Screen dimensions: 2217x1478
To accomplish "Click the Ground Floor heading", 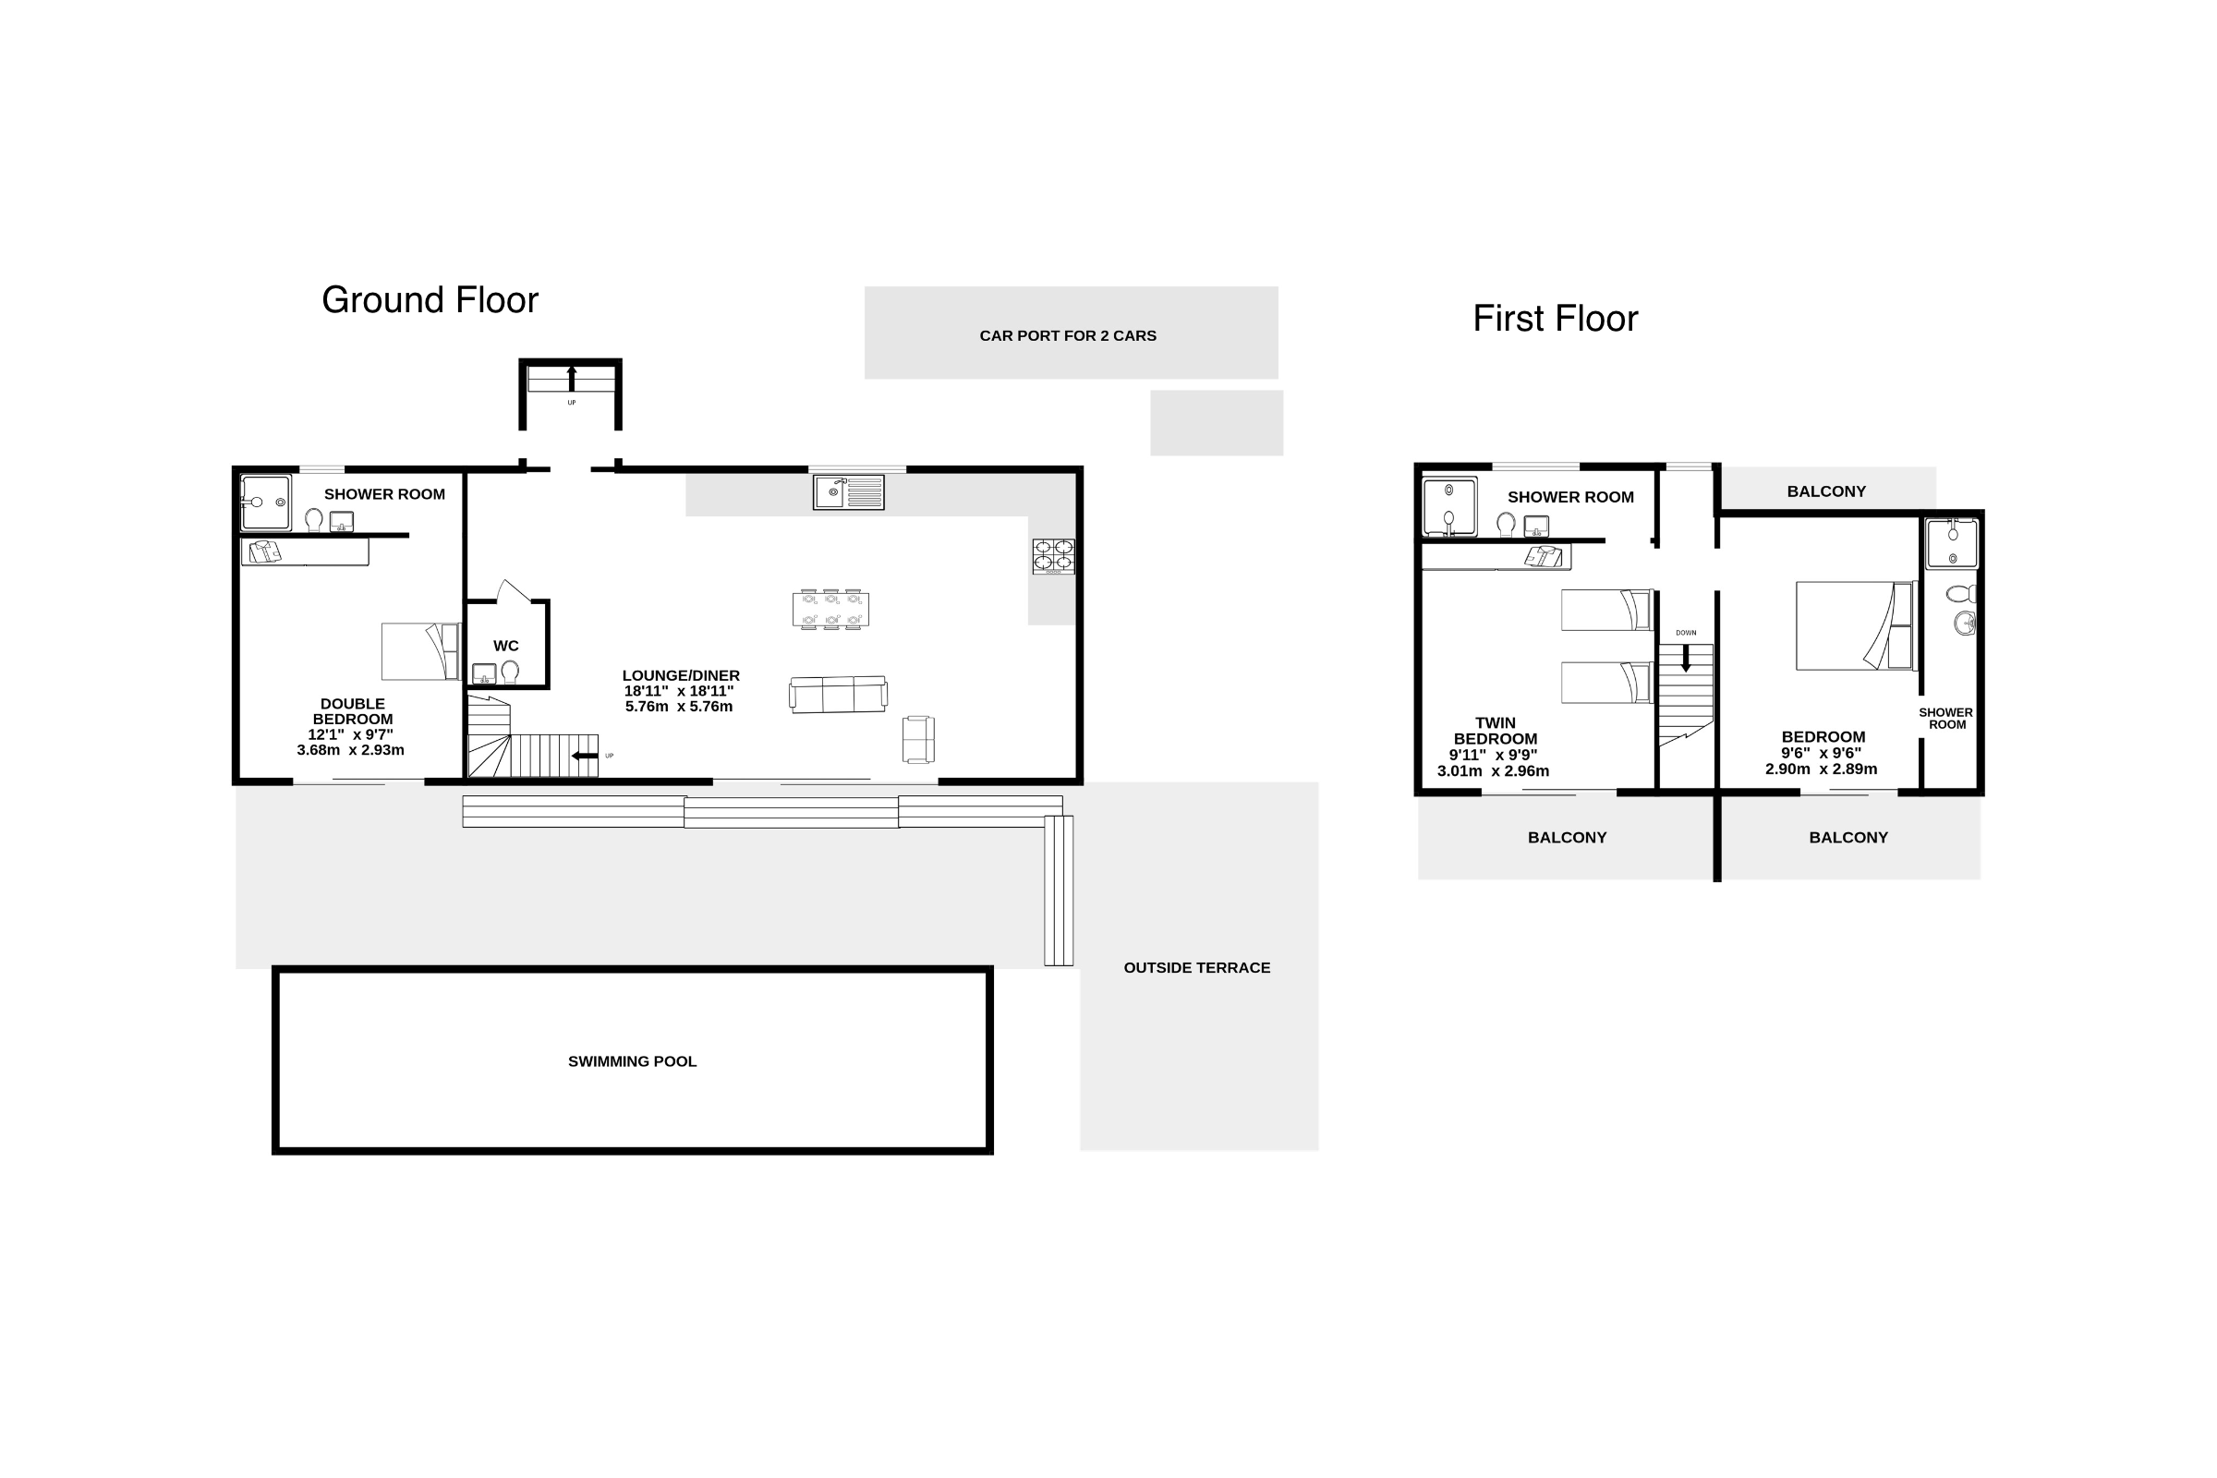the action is (430, 299).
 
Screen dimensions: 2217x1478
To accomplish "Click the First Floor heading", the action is (1556, 319).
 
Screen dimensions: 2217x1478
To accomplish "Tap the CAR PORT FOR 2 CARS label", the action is (1068, 335).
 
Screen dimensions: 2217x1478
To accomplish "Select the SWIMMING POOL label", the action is (633, 1061).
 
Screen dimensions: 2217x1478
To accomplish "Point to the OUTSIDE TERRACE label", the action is (1197, 968).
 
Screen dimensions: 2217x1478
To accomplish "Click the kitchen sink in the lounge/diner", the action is (848, 492).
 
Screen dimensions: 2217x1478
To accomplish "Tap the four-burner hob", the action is (1054, 556).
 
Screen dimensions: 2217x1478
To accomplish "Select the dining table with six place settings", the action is (830, 609).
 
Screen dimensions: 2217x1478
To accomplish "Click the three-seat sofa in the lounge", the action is (838, 695).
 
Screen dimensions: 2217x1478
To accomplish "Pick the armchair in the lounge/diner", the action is (918, 740).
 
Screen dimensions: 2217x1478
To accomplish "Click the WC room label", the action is (506, 646).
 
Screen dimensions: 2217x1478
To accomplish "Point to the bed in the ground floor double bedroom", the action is (420, 651).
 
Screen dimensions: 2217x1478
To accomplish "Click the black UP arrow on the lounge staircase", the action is (585, 756).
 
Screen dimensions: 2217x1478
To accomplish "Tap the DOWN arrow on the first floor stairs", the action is (1687, 657).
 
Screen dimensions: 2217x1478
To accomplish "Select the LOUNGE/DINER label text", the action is (681, 676).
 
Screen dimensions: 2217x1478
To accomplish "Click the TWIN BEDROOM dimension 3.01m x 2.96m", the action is (1493, 771).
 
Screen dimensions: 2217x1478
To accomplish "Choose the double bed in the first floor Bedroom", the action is (1855, 626).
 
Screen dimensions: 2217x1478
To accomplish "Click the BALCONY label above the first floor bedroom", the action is (1826, 491).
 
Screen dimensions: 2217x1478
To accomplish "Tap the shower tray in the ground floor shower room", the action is (266, 503).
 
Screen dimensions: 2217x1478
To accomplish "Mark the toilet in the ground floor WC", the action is (510, 672).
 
